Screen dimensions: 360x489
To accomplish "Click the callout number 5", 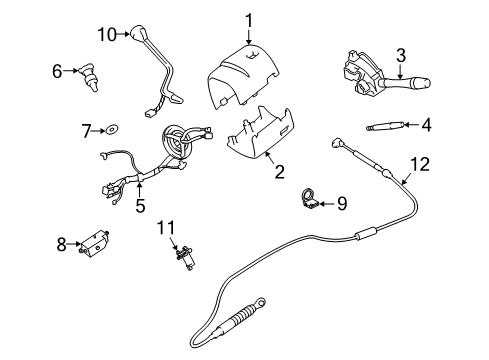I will pyautogui.click(x=141, y=206).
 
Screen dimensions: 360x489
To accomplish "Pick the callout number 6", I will pyautogui.click(x=57, y=70).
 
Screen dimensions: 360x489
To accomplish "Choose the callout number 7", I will pyautogui.click(x=86, y=130).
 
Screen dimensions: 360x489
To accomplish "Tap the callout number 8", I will pyautogui.click(x=61, y=243).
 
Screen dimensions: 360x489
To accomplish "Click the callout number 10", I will pyautogui.click(x=107, y=35).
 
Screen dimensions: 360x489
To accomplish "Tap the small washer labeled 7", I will pyautogui.click(x=113, y=129).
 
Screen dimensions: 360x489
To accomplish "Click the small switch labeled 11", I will pyautogui.click(x=183, y=257).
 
